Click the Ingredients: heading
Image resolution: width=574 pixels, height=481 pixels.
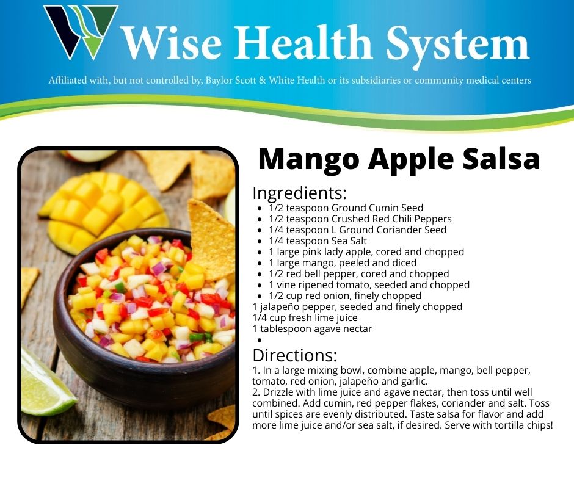click(x=299, y=193)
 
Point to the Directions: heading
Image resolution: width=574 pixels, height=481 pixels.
click(x=294, y=355)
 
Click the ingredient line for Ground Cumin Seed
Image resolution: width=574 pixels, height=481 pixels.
click(x=346, y=208)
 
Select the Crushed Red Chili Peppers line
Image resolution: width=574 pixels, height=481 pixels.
click(x=360, y=219)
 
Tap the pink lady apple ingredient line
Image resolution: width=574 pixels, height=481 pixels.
click(x=366, y=252)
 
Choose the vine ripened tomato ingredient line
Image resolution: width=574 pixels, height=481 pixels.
click(x=369, y=285)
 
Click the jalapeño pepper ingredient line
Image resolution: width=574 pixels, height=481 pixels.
click(x=357, y=307)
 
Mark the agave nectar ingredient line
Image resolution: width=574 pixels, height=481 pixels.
click(x=311, y=329)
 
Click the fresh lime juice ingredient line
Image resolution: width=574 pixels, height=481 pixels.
click(x=305, y=318)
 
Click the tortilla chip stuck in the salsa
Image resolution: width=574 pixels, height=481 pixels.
click(x=211, y=235)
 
